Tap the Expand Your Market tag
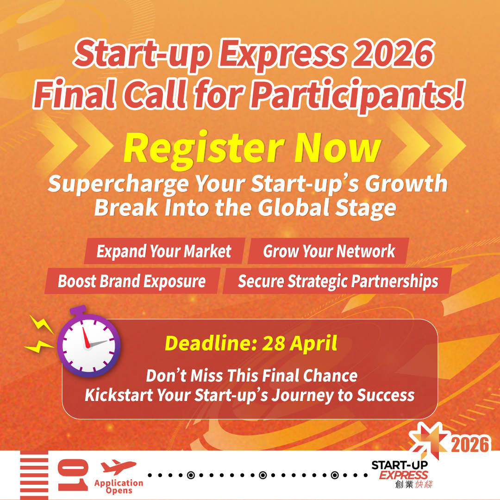point(164,251)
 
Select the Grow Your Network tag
point(329,251)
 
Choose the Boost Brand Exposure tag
point(131,281)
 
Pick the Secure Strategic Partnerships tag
point(337,281)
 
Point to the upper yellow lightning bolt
point(42,324)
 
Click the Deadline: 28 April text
point(250,343)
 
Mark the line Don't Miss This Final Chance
point(251,375)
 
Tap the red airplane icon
point(119,467)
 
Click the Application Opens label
point(119,487)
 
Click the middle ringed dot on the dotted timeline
point(262,475)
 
